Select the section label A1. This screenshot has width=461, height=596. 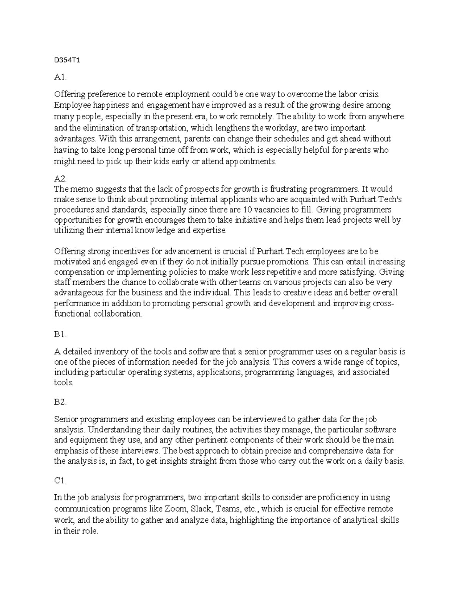[x=60, y=78]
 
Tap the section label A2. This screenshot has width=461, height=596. [x=60, y=178]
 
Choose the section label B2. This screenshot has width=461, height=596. [x=60, y=402]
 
